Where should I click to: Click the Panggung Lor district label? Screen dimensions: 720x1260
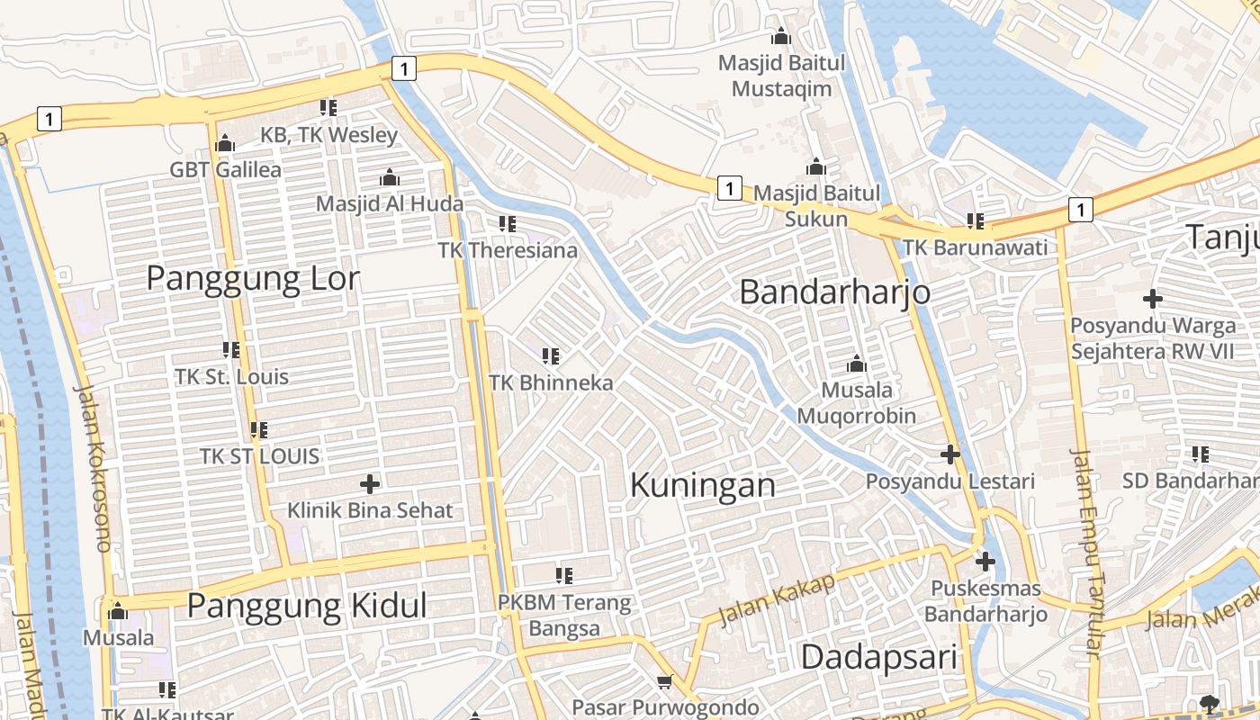tap(253, 279)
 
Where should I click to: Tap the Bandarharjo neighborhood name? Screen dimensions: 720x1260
tap(834, 292)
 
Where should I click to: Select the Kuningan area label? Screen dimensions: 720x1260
tap(702, 485)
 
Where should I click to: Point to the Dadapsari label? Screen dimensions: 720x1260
tap(878, 657)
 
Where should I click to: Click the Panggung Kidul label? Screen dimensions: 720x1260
tap(307, 606)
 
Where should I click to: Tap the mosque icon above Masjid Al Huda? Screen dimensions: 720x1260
tap(389, 177)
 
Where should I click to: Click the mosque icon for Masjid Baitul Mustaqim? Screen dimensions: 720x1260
tap(781, 36)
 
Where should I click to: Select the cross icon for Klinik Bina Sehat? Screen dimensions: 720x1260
tap(369, 483)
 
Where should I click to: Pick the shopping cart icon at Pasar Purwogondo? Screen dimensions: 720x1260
tap(665, 682)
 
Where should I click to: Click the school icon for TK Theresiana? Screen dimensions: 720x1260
tap(507, 223)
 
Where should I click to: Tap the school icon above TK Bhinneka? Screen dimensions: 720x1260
tap(551, 356)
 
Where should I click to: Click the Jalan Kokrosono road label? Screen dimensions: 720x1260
tap(94, 468)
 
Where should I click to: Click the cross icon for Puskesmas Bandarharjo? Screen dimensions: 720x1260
tap(985, 562)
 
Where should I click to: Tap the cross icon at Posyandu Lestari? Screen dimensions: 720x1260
tap(950, 454)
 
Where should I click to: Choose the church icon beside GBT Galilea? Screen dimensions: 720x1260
tap(225, 143)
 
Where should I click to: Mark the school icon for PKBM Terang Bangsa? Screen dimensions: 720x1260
tap(564, 575)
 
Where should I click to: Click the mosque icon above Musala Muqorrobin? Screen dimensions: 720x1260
tap(856, 364)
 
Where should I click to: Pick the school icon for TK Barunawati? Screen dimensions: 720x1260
tap(975, 220)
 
